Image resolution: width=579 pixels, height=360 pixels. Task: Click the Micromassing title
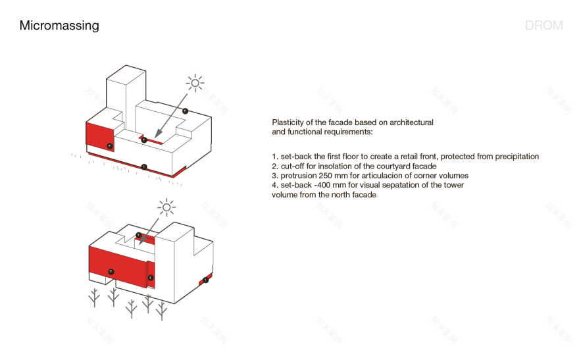tap(59, 26)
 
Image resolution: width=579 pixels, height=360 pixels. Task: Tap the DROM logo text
tap(543, 26)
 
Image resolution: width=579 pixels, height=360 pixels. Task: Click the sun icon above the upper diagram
tap(194, 83)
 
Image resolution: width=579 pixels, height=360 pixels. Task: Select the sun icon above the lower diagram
tap(166, 208)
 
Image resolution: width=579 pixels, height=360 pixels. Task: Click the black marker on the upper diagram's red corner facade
tap(109, 145)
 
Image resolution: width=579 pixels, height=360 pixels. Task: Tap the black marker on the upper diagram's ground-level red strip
tap(145, 167)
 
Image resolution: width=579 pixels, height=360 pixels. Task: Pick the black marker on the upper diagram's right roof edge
tap(186, 111)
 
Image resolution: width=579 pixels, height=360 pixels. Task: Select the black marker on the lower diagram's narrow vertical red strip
tap(151, 278)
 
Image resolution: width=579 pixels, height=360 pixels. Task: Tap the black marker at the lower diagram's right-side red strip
tap(206, 280)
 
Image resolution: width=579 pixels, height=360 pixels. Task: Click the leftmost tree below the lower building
tap(95, 297)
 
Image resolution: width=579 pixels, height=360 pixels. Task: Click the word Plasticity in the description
tap(287, 123)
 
